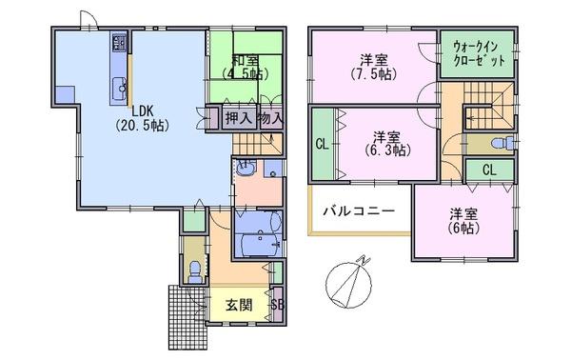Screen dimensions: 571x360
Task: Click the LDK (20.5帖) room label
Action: [x=142, y=118]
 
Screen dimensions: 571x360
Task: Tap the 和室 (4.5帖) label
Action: [x=246, y=67]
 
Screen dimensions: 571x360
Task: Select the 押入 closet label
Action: [x=239, y=118]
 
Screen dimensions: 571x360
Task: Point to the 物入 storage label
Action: [x=270, y=118]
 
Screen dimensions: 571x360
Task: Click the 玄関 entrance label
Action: [x=239, y=305]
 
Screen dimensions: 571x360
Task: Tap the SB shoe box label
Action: [x=278, y=305]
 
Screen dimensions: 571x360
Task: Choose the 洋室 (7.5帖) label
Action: [x=374, y=67]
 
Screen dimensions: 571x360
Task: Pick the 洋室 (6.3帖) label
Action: [x=387, y=143]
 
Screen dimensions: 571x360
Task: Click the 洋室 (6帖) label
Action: [x=463, y=220]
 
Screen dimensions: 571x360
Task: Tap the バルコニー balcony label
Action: [x=359, y=211]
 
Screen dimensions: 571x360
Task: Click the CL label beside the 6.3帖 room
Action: [x=322, y=145]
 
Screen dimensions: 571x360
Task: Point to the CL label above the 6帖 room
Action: [x=489, y=170]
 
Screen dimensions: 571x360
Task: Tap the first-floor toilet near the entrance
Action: [x=195, y=271]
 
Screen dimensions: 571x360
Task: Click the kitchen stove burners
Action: [x=119, y=42]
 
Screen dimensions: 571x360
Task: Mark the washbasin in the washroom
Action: [x=246, y=168]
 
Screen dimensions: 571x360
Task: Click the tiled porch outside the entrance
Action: [x=187, y=317]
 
